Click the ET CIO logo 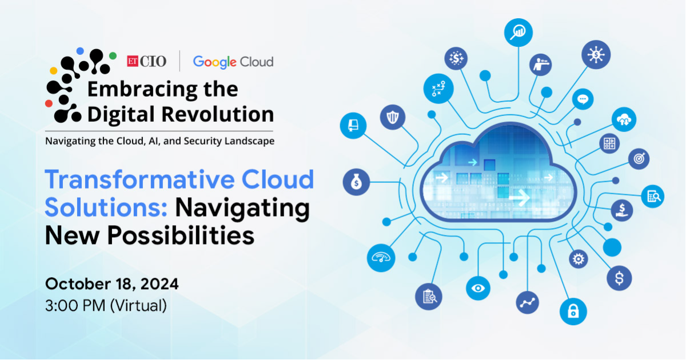[147, 61]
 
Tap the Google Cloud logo [233, 62]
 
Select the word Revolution [217, 114]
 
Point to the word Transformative [139, 179]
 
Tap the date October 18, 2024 [112, 284]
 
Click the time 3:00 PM [75, 306]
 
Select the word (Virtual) [138, 306]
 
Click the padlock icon [573, 311]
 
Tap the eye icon [478, 288]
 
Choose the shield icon [393, 117]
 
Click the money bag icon [356, 182]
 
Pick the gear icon [578, 259]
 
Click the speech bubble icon [583, 99]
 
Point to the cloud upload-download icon [624, 119]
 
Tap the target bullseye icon [639, 159]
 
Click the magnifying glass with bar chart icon [518, 33]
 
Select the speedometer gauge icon [381, 258]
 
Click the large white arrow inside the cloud [520, 198]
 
